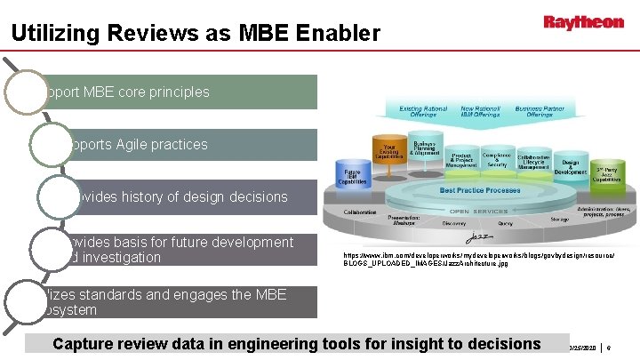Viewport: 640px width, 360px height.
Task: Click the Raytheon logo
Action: [x=583, y=22]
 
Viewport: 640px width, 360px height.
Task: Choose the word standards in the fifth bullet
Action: [x=104, y=295]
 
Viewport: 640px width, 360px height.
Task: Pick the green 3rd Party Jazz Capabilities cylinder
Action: [x=608, y=172]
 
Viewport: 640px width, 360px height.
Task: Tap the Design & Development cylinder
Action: [x=570, y=165]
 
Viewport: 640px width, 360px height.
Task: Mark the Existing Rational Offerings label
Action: [x=422, y=111]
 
